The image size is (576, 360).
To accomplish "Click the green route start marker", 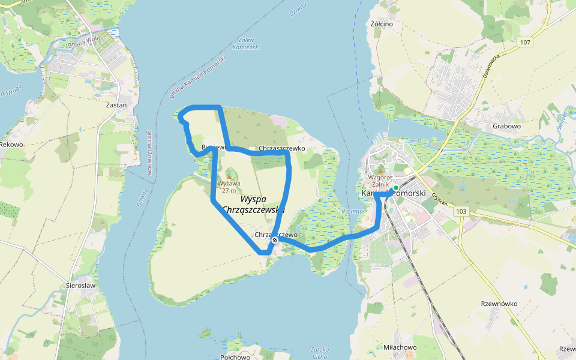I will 395,188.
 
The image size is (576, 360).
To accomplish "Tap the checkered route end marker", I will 275,240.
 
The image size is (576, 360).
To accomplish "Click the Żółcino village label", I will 382,24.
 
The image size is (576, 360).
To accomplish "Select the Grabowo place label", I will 506,127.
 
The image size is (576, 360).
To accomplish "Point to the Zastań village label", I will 116,104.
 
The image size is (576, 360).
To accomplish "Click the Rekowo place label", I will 11,145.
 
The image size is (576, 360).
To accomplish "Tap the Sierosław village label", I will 82,286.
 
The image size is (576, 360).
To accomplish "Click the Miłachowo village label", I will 400,347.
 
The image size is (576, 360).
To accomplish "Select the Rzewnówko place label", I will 499,304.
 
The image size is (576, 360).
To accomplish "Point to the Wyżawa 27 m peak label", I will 229,187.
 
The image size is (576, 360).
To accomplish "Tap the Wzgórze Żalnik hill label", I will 380,182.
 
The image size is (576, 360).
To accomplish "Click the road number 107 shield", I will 526,41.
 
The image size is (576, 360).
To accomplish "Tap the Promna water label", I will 352,211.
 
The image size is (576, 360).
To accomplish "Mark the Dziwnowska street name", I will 491,68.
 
